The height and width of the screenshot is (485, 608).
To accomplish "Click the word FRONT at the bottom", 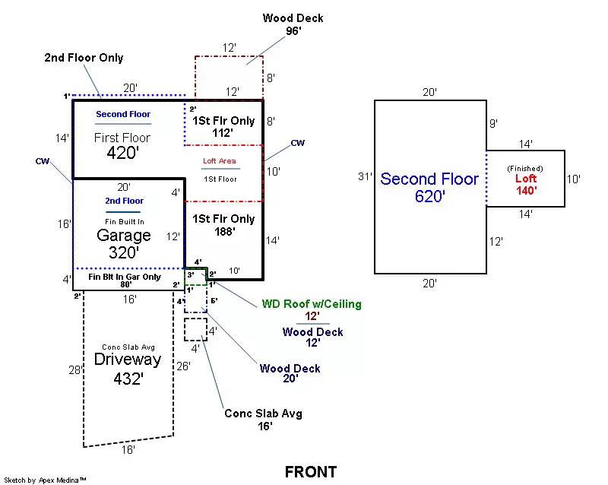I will [x=310, y=472].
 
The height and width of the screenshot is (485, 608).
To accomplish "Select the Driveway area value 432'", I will [x=128, y=379].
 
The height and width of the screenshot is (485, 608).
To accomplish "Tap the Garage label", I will [x=123, y=236].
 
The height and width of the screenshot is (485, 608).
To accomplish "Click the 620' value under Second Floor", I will [x=430, y=196].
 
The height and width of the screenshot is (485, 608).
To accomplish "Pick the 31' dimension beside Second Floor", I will [x=366, y=176].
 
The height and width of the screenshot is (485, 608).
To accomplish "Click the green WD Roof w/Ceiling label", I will [x=312, y=304].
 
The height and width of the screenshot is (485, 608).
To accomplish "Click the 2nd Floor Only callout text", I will [x=84, y=58].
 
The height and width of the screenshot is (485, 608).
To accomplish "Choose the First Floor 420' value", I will [x=122, y=152].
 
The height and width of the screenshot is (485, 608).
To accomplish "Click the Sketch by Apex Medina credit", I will [x=45, y=480].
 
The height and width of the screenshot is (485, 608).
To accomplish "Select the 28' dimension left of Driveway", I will [x=74, y=369].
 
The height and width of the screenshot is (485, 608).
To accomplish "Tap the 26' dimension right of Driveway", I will [x=182, y=366].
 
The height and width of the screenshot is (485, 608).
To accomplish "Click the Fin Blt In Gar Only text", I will [x=125, y=277].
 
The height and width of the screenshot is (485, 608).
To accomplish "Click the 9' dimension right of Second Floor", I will [x=493, y=123].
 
